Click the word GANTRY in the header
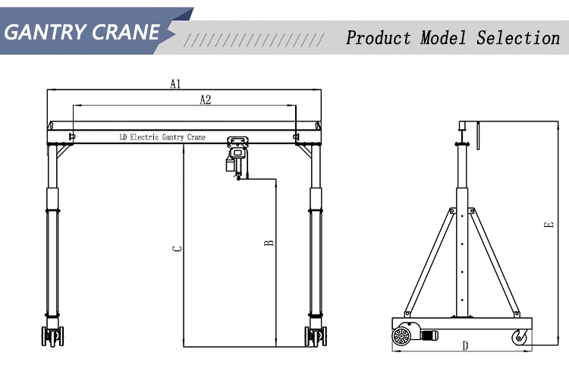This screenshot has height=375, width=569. [46, 32]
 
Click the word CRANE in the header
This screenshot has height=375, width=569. [127, 32]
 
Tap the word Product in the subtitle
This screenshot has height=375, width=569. [379, 37]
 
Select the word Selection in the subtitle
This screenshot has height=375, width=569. [517, 37]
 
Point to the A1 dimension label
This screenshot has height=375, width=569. [175, 84]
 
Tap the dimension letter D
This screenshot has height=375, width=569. [464, 346]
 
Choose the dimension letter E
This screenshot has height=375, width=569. [548, 225]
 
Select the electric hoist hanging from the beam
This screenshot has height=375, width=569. [237, 156]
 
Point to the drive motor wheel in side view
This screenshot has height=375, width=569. [404, 336]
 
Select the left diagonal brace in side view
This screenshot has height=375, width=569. [429, 262]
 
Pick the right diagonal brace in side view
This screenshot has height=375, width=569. [495, 262]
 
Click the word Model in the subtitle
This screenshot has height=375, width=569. [443, 37]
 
